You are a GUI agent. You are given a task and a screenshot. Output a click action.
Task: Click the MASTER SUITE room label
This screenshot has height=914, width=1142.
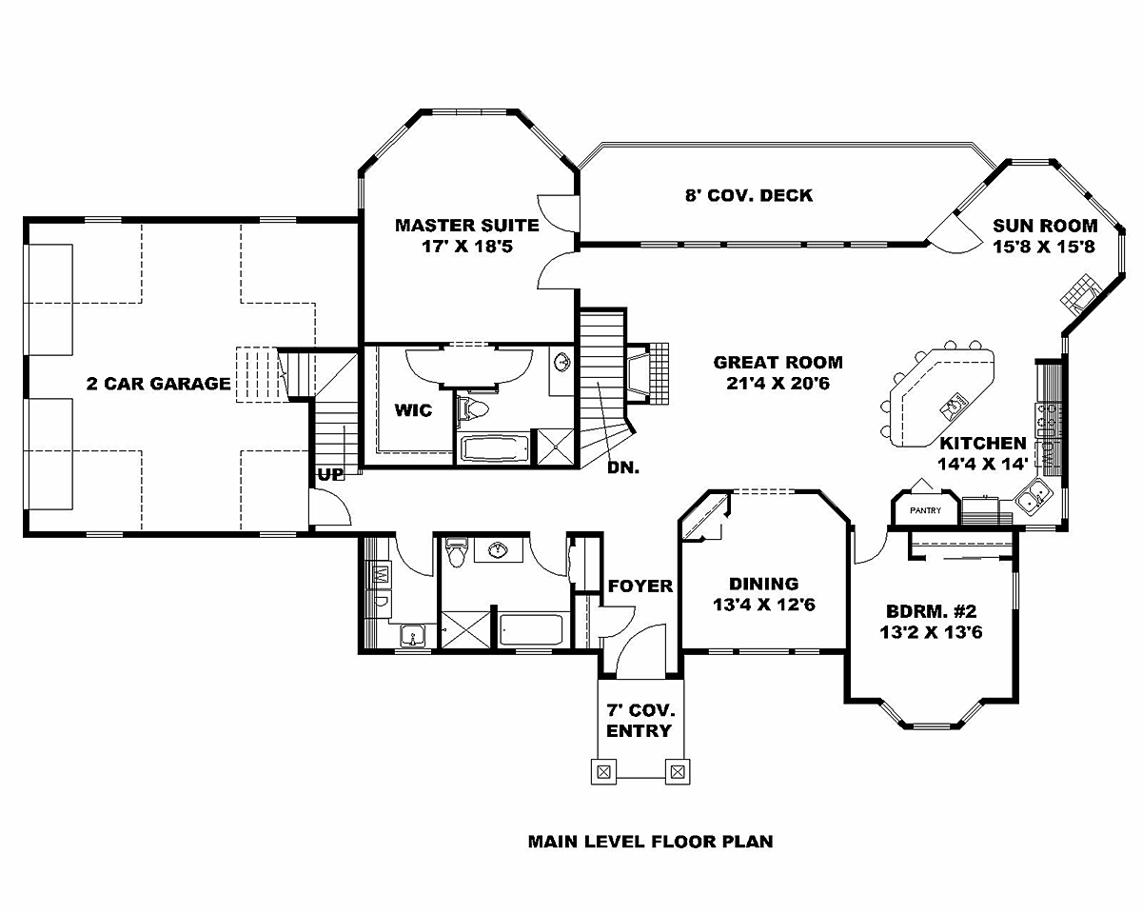coord(467,226)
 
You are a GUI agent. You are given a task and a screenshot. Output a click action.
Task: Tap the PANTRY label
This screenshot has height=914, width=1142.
coord(925,510)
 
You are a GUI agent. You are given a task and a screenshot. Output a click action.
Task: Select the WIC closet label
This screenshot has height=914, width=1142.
coord(413,410)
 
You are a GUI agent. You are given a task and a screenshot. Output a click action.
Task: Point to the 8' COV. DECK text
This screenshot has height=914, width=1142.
coord(749,195)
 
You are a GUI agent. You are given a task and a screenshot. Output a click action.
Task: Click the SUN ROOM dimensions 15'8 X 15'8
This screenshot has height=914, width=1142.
coord(1044,247)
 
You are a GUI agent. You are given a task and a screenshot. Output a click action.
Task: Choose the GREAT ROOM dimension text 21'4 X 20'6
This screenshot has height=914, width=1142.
coord(778,383)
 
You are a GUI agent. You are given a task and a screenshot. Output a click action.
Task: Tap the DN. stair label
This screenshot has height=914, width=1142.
coord(623,467)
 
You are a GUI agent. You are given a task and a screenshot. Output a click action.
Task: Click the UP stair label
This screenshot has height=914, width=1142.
coord(330,474)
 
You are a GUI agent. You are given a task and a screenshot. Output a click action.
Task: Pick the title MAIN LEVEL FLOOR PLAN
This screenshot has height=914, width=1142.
coord(651,842)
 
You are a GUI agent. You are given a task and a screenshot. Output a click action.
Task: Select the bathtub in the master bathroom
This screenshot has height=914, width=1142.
coord(494,449)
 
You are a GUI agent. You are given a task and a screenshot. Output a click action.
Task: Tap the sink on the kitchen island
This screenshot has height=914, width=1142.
coord(955,407)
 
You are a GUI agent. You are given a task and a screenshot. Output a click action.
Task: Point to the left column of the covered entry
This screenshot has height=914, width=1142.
coord(604,772)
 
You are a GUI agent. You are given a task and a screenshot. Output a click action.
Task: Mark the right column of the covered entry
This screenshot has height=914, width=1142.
coord(678,772)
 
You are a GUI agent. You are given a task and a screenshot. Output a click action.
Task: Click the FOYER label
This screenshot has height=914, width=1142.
coord(640,586)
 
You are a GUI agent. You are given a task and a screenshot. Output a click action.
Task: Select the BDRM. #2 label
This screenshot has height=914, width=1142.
coord(932,611)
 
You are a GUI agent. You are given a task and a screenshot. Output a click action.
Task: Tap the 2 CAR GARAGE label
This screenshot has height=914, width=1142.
coord(158,384)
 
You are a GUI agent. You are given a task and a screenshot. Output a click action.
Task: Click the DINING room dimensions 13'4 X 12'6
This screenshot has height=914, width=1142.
coord(763,605)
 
